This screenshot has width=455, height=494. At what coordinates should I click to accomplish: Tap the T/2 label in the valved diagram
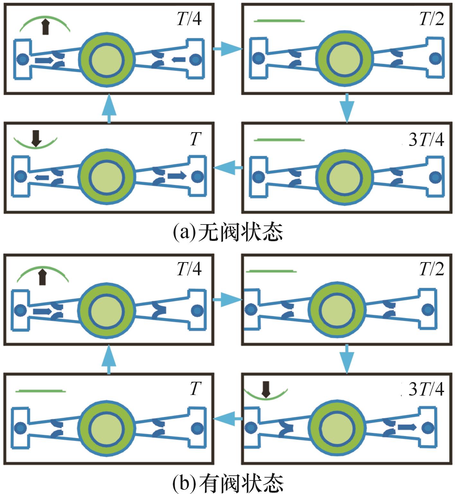(432, 269)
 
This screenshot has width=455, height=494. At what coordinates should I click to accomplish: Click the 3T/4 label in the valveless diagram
(426, 140)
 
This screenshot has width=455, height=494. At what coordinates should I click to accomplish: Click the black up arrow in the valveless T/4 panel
(46, 27)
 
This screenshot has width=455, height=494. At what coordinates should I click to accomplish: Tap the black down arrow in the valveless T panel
(36, 138)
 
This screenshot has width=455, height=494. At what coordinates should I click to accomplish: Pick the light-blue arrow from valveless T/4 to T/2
(227, 49)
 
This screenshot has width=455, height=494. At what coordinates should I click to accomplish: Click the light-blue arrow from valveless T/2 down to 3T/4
(347, 108)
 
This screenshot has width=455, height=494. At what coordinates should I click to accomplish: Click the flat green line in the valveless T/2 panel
(279, 21)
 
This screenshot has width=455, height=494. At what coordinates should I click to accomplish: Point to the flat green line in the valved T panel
(40, 391)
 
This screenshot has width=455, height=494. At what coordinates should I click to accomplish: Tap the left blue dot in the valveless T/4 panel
(22, 59)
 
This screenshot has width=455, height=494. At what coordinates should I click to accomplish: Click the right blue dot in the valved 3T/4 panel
(428, 428)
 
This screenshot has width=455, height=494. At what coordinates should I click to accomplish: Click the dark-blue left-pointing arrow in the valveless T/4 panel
(179, 59)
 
